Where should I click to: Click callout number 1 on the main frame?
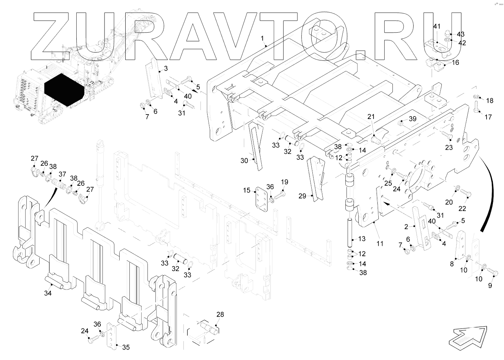point(262,39)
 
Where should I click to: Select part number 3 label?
point(166,69)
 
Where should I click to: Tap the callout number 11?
point(380,244)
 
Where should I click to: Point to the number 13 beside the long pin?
point(362,239)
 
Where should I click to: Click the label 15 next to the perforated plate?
point(247,191)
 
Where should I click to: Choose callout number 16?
point(455,62)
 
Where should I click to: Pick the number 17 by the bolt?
point(488,117)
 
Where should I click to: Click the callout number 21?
point(371,117)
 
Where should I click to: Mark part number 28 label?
point(220,314)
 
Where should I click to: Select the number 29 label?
point(302,196)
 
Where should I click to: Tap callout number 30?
point(244,161)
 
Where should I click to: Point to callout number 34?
point(48,293)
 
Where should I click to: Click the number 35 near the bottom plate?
point(126,347)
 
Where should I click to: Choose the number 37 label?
point(62,174)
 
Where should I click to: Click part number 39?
point(412,119)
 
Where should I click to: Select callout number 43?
point(461,34)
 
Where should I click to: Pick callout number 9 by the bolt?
point(490,285)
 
